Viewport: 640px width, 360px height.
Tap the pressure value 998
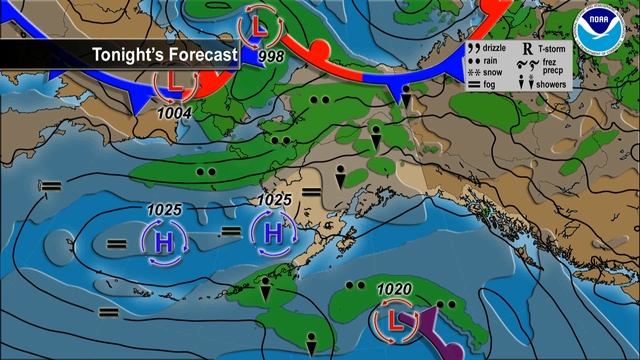coord(270,56)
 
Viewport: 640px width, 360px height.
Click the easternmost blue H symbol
coord(273,233)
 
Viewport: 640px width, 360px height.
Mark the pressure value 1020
coord(394,290)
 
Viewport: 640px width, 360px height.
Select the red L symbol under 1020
coord(392,321)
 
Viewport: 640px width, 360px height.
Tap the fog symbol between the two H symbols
coord(230,231)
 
